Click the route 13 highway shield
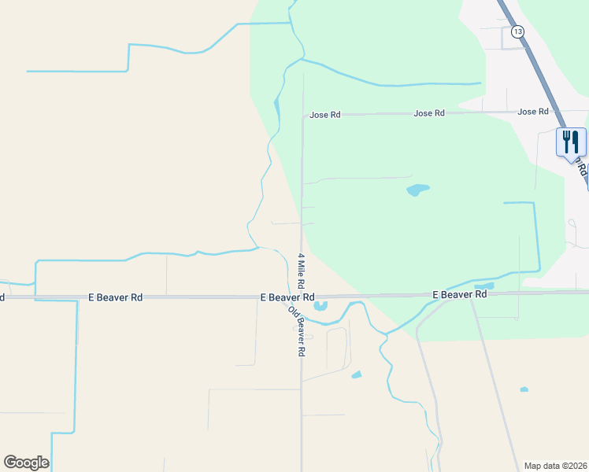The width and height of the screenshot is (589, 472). coord(517,31)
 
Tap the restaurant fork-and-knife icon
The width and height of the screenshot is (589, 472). coord(571,142)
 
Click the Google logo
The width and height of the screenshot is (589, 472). coord(26,463)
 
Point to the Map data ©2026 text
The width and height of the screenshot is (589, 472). coord(554,465)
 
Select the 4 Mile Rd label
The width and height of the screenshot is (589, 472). coord(301,270)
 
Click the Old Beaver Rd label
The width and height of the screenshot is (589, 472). coord(297,330)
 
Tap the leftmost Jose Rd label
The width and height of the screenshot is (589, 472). coord(324,115)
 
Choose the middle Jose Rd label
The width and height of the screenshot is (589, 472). coord(429,113)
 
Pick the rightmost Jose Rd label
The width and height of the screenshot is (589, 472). coord(533,112)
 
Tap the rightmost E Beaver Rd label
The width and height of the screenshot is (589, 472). coord(460,294)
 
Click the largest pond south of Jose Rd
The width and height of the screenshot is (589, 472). coord(417,190)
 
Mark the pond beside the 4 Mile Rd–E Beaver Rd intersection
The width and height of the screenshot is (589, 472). coord(320,306)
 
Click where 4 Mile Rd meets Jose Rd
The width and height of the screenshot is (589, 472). coord(303,116)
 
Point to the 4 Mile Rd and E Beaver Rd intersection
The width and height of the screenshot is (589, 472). coord(302,297)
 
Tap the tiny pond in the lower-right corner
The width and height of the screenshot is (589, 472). coord(524,389)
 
